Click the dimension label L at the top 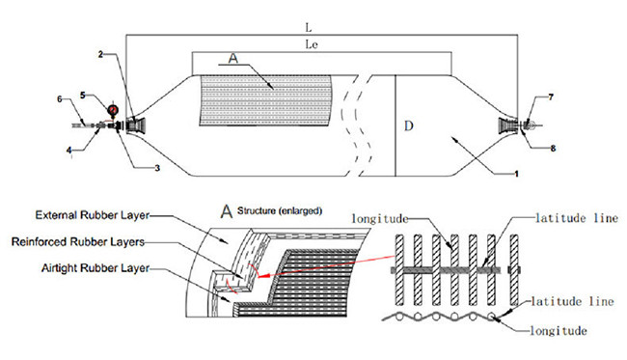pyautogui.click(x=309, y=28)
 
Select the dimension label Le pyautogui.click(x=312, y=44)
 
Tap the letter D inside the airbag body pyautogui.click(x=408, y=126)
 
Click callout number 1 pyautogui.click(x=516, y=174)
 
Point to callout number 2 pyautogui.click(x=100, y=54)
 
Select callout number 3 pyautogui.click(x=157, y=168)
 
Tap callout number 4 pyautogui.click(x=69, y=150)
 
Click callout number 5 pyautogui.click(x=83, y=96)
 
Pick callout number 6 pyautogui.click(x=60, y=99)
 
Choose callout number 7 pyautogui.click(x=551, y=97)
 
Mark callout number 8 pyautogui.click(x=553, y=149)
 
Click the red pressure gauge pyautogui.click(x=113, y=109)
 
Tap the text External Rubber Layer pyautogui.click(x=93, y=215)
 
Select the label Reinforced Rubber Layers pyautogui.click(x=78, y=242)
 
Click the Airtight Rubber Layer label pyautogui.click(x=95, y=268)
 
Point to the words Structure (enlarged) pyautogui.click(x=280, y=210)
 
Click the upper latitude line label pyautogui.click(x=577, y=218)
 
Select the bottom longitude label pyautogui.click(x=559, y=331)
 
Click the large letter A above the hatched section pyautogui.click(x=233, y=59)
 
